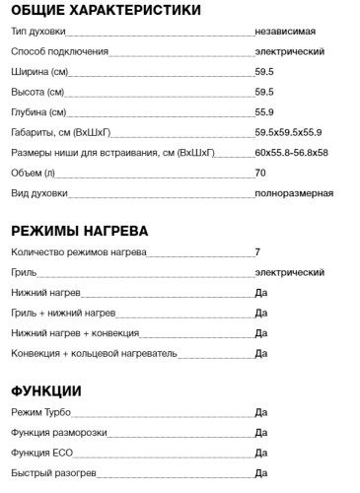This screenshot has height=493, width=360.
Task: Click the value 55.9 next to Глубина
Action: [263, 112]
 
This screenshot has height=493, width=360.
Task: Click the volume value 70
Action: [259, 174]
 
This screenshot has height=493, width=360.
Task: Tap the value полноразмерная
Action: [293, 193]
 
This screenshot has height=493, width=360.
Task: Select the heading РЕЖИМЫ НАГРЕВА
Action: [80, 231]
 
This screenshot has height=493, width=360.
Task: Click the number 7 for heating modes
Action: [257, 252]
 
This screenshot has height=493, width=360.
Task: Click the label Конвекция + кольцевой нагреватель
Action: [93, 352]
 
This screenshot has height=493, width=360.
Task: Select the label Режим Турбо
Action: [40, 412]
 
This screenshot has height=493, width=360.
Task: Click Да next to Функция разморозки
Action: [261, 433]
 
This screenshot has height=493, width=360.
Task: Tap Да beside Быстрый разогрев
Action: [261, 473]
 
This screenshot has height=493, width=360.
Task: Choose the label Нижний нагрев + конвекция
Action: [75, 332]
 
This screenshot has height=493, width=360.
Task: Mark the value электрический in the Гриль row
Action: [289, 272]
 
